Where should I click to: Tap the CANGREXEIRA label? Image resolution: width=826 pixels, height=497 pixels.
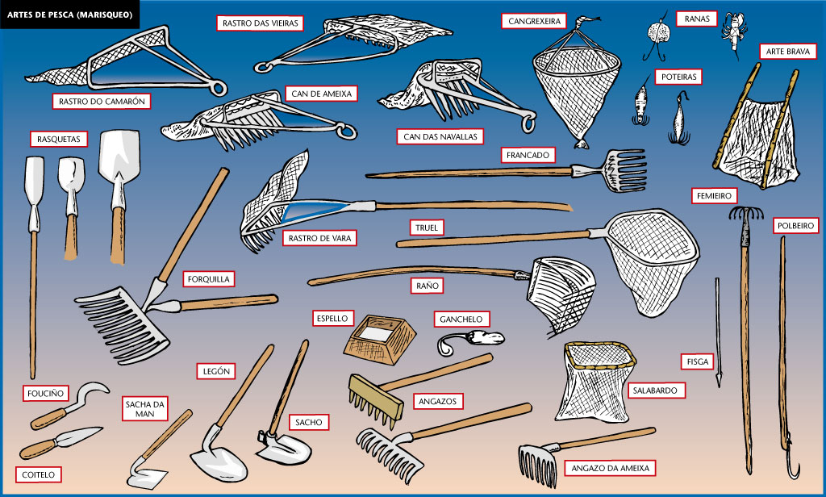pos(534,19)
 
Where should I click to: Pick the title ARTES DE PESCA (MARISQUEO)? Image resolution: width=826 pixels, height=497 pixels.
pos(70,14)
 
